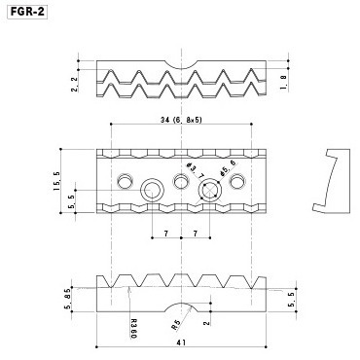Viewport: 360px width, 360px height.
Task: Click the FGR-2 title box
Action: click(x=27, y=12)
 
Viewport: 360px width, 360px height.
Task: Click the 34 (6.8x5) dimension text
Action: click(x=181, y=120)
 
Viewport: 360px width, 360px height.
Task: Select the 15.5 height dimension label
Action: click(x=56, y=181)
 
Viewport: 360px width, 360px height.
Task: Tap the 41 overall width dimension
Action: click(x=181, y=342)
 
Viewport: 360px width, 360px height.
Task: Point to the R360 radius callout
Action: click(x=133, y=329)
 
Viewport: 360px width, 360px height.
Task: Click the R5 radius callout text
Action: click(x=175, y=325)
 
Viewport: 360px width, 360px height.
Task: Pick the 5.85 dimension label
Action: click(x=69, y=299)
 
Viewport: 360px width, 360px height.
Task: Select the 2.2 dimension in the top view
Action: click(x=75, y=85)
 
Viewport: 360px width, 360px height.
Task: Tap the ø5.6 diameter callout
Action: click(x=228, y=168)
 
